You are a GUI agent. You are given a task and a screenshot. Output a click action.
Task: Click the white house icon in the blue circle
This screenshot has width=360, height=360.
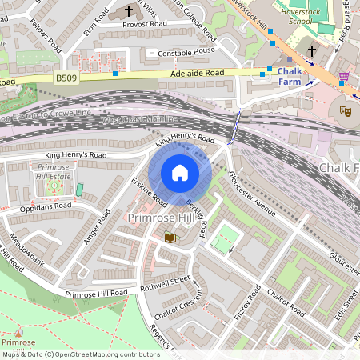[180, 173]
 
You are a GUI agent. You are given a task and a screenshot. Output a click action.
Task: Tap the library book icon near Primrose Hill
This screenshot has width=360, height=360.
[170, 238]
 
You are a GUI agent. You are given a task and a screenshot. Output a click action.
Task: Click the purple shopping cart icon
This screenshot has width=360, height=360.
[344, 77]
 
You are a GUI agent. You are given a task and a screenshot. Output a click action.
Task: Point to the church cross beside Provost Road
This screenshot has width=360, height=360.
[130, 11]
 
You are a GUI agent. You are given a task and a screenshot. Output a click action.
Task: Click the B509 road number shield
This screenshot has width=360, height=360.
[67, 77]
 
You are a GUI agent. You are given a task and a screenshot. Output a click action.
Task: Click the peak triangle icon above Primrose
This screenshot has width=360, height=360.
[18, 330]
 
